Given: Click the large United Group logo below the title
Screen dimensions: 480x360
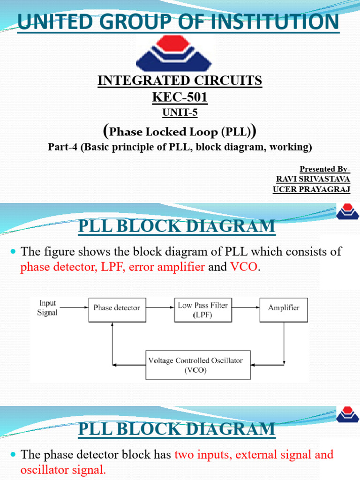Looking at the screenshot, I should pos(175,53).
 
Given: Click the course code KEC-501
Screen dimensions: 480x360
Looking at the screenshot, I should pos(180,97).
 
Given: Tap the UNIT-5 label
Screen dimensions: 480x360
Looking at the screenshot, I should pos(180,112).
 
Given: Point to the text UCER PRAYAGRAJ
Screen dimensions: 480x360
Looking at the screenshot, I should pos(311,189).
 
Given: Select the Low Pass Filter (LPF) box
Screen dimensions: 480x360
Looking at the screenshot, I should pos(202,310).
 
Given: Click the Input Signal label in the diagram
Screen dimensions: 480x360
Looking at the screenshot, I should pos(47,308).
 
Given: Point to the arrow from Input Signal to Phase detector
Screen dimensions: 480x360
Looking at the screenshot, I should pos(74,308).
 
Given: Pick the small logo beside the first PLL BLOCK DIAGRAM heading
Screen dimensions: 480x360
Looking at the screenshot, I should pos(347,212).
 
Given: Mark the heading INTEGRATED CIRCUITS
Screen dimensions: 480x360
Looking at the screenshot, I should pos(180,81).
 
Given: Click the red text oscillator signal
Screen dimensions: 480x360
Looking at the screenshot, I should pos(63,470).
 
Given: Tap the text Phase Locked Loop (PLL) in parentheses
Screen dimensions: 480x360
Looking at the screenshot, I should pos(180,132).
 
